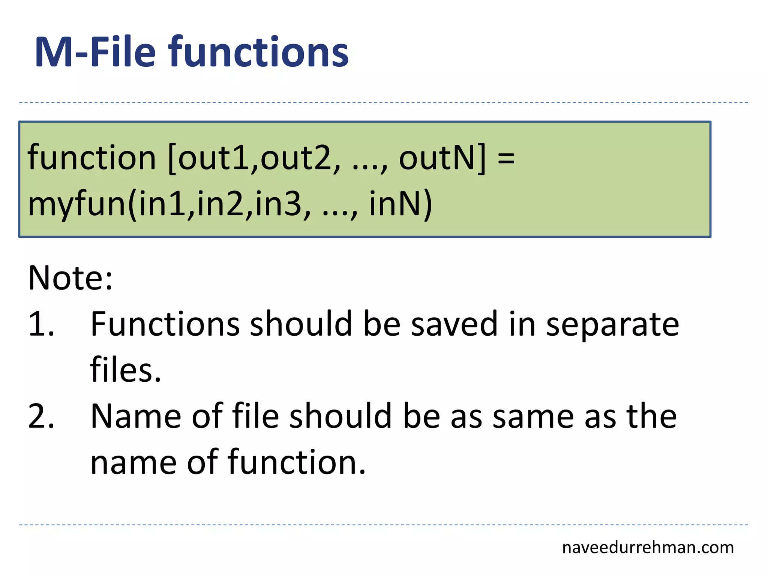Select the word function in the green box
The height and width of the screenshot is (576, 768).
coord(91,157)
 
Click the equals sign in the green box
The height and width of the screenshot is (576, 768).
coord(506,157)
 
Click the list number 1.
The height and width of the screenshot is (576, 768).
coord(40,324)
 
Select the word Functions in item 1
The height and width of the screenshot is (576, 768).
coord(165,324)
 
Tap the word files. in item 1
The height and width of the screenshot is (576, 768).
coord(126,370)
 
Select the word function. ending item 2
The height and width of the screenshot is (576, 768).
coord(296,462)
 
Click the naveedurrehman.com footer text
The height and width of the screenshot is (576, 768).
coord(648,548)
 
